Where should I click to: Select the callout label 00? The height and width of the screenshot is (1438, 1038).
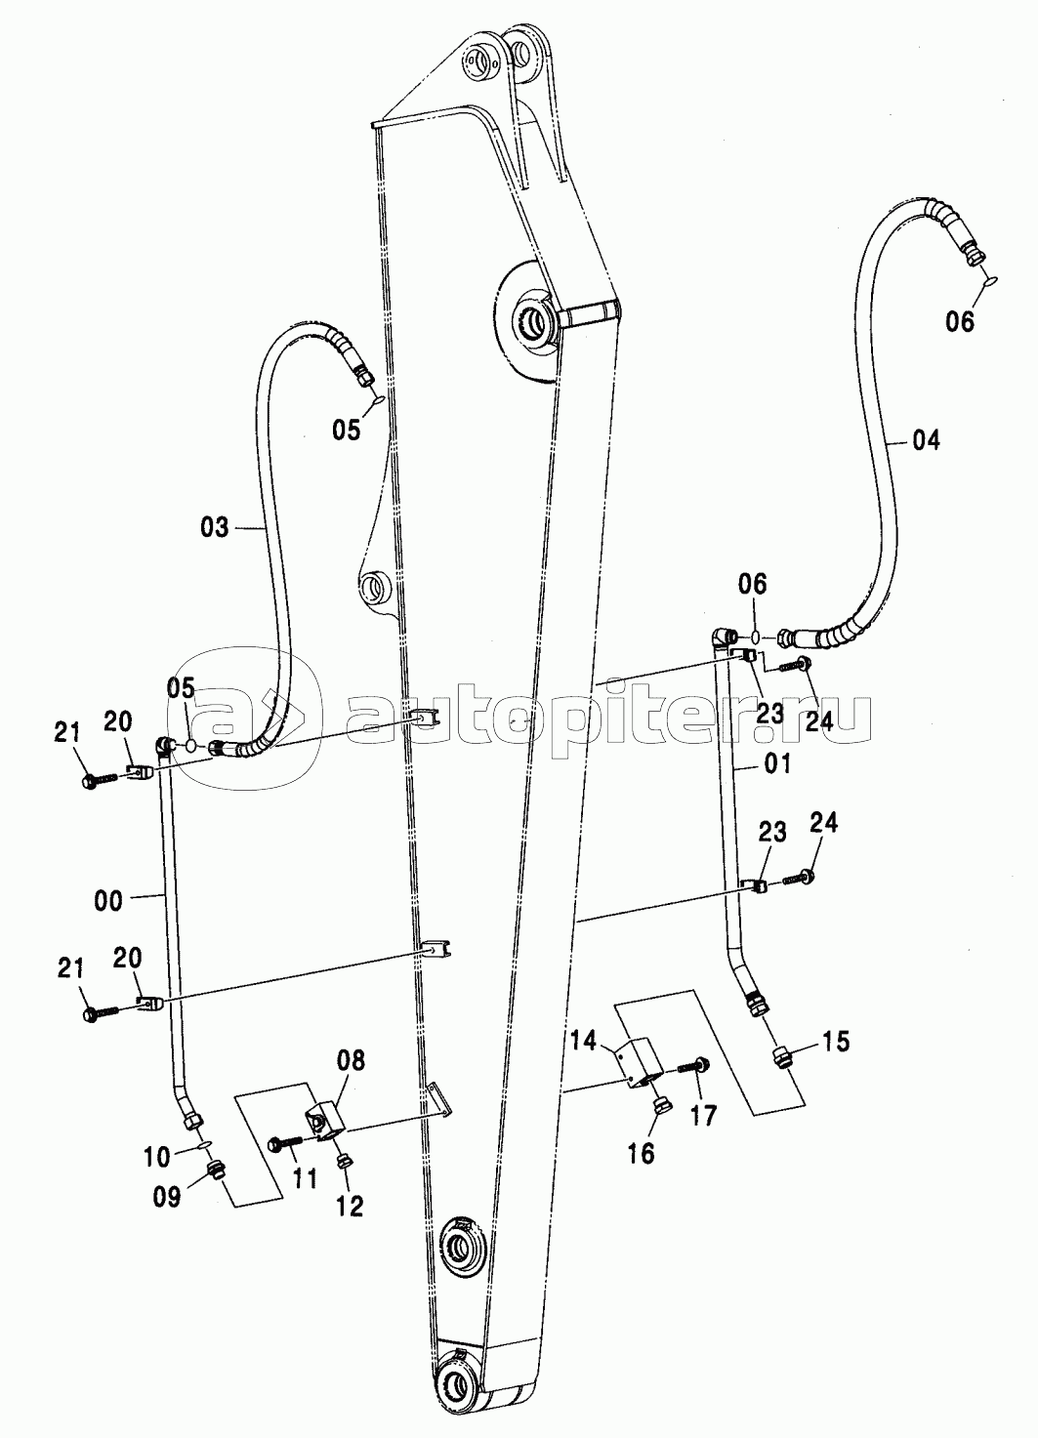tap(109, 899)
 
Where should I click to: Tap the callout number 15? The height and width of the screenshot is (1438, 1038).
tap(835, 1042)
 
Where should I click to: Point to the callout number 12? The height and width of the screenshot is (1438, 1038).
tap(350, 1206)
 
